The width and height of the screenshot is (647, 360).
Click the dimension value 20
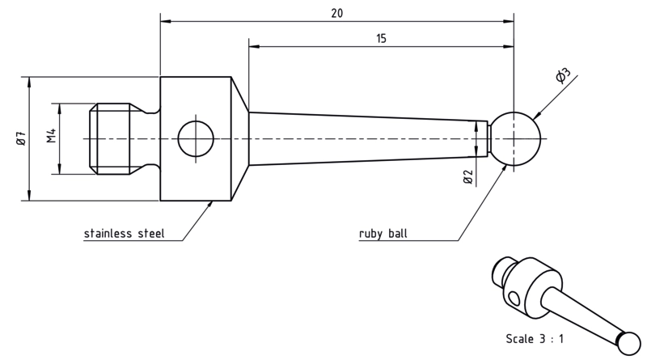pyautogui.click(x=336, y=13)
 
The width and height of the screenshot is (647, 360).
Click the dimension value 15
pyautogui.click(x=381, y=39)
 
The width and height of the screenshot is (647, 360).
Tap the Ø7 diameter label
pyautogui.click(x=21, y=138)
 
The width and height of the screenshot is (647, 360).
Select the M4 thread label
pyautogui.click(x=51, y=136)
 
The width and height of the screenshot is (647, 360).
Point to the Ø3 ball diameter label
pyautogui.click(x=562, y=75)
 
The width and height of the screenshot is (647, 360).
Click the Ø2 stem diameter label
pyautogui.click(x=468, y=176)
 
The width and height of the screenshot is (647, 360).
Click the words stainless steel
pyautogui.click(x=125, y=233)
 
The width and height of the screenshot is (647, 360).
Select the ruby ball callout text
pyautogui.click(x=383, y=233)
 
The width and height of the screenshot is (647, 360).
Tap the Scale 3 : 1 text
pyautogui.click(x=535, y=339)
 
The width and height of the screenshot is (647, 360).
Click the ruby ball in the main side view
pyautogui.click(x=514, y=138)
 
